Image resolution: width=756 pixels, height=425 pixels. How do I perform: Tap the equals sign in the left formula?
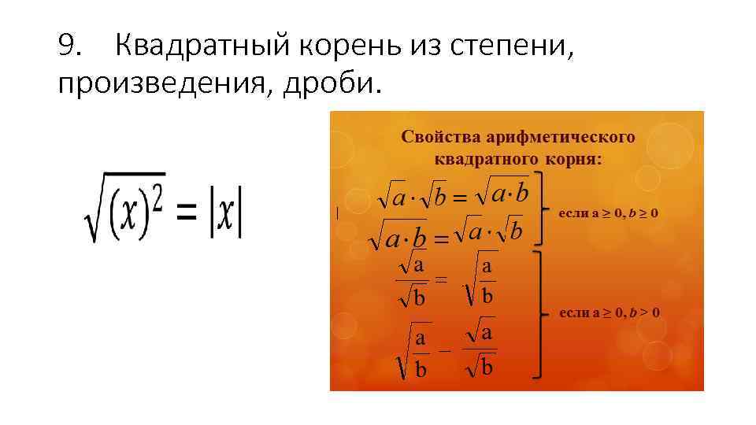[186, 213]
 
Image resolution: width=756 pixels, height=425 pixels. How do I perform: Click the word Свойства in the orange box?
[434, 137]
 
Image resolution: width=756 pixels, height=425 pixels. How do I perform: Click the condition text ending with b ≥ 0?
[608, 213]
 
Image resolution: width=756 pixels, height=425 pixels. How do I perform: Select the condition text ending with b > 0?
[609, 312]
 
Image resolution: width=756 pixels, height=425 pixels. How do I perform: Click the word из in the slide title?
[425, 49]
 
